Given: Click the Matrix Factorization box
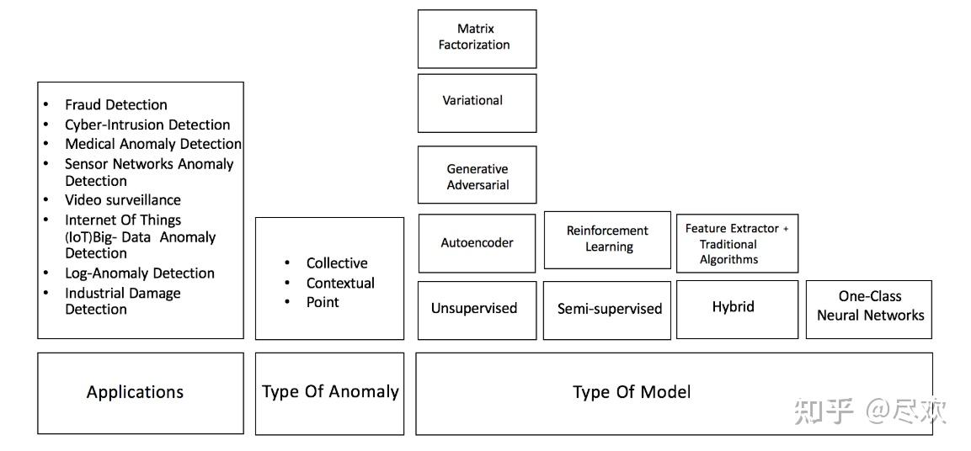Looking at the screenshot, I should tap(477, 39).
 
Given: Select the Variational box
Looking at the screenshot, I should tap(477, 103).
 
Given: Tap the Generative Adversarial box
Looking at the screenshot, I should tap(477, 175).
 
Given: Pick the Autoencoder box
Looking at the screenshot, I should tap(477, 243).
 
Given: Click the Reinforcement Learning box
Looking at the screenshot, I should tap(607, 239).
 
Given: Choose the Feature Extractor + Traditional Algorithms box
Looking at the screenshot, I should tap(737, 243).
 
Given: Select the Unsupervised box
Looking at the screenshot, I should tap(477, 309).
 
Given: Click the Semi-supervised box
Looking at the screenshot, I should tap(610, 309).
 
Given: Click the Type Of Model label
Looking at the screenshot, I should tap(632, 392).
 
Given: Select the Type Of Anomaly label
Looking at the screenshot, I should tap(330, 392).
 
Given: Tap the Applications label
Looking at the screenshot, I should tap(135, 392).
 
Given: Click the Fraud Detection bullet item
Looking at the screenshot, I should tap(116, 105).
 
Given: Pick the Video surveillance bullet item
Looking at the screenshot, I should tap(123, 200).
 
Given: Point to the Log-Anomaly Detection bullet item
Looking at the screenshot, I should tap(140, 273).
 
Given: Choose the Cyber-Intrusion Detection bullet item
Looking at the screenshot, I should tap(147, 125).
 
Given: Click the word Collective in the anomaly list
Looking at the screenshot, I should tap(337, 263).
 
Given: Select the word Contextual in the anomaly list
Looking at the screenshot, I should tap(340, 284).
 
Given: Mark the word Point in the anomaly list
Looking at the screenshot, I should tap(323, 302).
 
